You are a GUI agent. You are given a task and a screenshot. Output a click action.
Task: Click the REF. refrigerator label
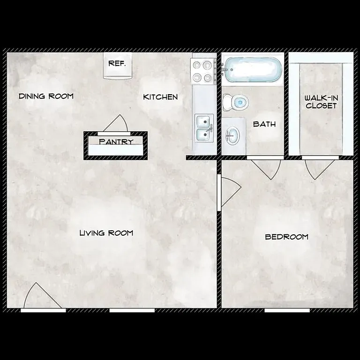pos(117,63)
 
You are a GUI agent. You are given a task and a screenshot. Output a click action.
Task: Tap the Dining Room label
pos(46,97)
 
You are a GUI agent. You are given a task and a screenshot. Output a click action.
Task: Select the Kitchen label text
pos(160,97)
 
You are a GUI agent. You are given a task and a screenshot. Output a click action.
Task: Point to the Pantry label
pos(116,141)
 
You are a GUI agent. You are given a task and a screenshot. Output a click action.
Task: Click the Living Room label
pos(106,233)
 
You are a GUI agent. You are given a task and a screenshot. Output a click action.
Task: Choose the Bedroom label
pos(286,237)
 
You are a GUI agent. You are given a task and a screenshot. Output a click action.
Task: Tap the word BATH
pos(264,124)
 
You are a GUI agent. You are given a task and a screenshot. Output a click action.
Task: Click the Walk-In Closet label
pos(321,102)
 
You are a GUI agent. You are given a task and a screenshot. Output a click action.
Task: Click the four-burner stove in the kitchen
pos(202,71)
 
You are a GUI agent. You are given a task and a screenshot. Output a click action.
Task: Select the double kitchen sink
pos(203,128)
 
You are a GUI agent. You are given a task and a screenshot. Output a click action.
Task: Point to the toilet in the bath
pos(236,101)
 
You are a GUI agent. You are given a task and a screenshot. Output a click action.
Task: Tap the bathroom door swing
pos(266,168)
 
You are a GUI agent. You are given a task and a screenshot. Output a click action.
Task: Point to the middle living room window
pos(132,310)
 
